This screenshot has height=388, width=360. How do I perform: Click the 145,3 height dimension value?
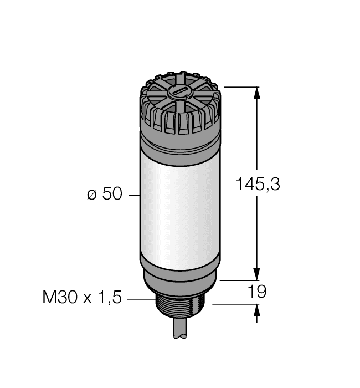[258, 184]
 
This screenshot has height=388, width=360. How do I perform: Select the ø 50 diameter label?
[104, 195]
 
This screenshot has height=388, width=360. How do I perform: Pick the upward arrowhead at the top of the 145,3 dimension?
[256, 94]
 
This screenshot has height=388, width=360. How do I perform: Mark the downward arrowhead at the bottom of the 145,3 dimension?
[256, 274]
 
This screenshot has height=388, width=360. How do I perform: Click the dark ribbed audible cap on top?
[180, 105]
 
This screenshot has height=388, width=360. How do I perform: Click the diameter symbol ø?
[92, 196]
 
